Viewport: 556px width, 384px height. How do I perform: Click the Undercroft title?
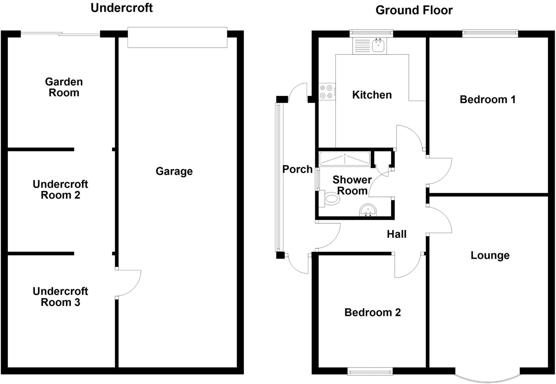[122, 8]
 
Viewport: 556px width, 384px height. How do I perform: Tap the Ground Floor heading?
[414, 11]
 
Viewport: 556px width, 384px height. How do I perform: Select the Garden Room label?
[64, 87]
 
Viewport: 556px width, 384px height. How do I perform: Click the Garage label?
[174, 171]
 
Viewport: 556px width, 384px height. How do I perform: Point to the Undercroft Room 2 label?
[60, 190]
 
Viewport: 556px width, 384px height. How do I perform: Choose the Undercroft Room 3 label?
[60, 297]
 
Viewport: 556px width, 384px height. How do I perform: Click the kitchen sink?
[378, 46]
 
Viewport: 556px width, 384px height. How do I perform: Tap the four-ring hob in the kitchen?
[327, 92]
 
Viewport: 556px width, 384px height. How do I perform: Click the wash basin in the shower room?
[368, 210]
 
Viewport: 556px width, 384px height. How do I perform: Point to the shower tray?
[345, 159]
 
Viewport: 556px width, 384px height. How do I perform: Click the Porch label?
[297, 169]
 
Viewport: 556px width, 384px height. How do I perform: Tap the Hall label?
[397, 234]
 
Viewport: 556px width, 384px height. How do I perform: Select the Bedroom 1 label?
[488, 100]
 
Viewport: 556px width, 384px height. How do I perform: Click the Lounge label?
[490, 255]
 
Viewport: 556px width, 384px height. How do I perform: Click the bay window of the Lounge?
[488, 378]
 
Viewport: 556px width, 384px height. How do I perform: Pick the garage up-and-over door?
[177, 37]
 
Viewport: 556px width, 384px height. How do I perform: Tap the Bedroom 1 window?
[490, 33]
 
